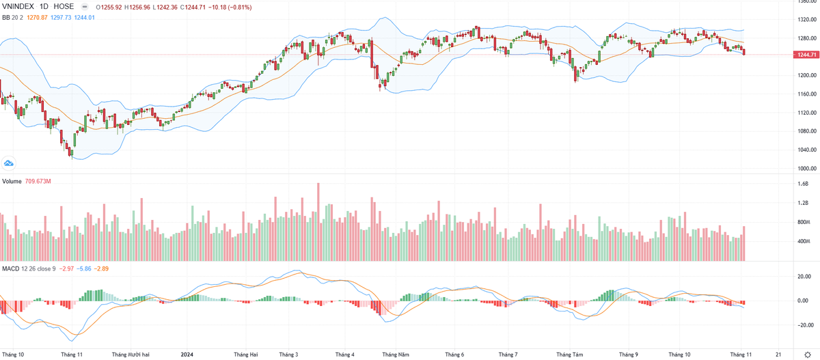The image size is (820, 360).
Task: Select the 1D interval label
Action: coord(45,6)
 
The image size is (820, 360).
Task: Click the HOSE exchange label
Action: coord(64,6)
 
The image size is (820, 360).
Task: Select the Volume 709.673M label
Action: coord(27,181)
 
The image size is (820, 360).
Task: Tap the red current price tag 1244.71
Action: coord(806,55)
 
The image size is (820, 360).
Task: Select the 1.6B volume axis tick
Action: coord(804,184)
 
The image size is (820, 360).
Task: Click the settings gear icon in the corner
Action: coord(807,355)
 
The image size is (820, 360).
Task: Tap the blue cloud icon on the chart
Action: coord(9,163)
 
